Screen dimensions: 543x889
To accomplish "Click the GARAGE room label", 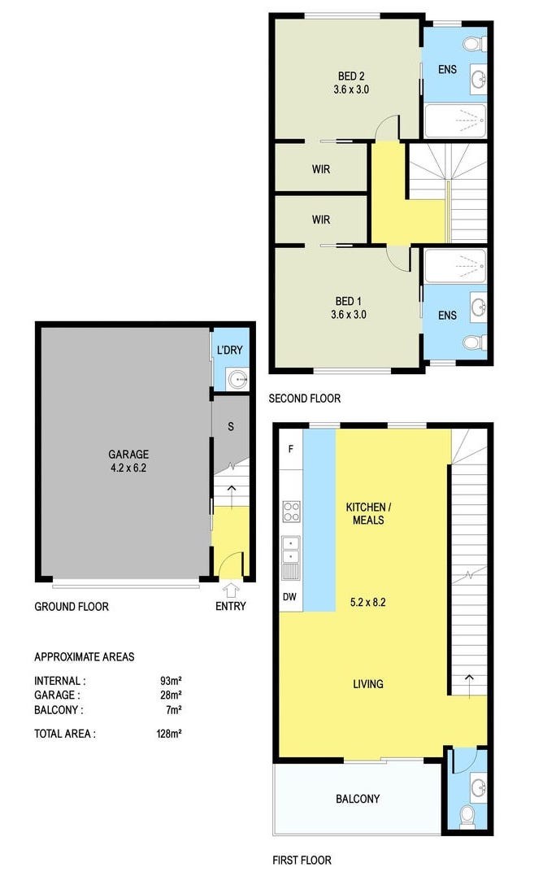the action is [128, 454].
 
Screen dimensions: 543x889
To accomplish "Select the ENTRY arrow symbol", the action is [230, 590].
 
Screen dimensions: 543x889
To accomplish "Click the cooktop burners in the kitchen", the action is [291, 512].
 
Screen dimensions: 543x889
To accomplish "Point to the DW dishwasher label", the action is [289, 596].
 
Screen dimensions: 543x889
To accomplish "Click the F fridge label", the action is [291, 449].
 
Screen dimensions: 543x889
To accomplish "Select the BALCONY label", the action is [358, 799].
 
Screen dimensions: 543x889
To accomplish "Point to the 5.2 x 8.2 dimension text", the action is [368, 602].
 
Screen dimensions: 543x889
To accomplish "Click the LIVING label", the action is [368, 684].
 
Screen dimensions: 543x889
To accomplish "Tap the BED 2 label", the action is [351, 76].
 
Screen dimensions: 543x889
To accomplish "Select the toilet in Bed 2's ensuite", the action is [474, 44].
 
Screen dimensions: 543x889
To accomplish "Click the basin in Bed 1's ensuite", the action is [479, 308].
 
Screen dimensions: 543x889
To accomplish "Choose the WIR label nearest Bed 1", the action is [321, 220].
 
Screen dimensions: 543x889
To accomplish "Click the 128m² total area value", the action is [169, 734].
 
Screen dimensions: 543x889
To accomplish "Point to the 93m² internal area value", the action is [171, 681].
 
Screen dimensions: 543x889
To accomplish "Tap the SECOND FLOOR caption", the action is [305, 399].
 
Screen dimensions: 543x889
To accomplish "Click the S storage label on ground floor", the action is [231, 426].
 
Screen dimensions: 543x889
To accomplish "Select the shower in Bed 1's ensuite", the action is [456, 265].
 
